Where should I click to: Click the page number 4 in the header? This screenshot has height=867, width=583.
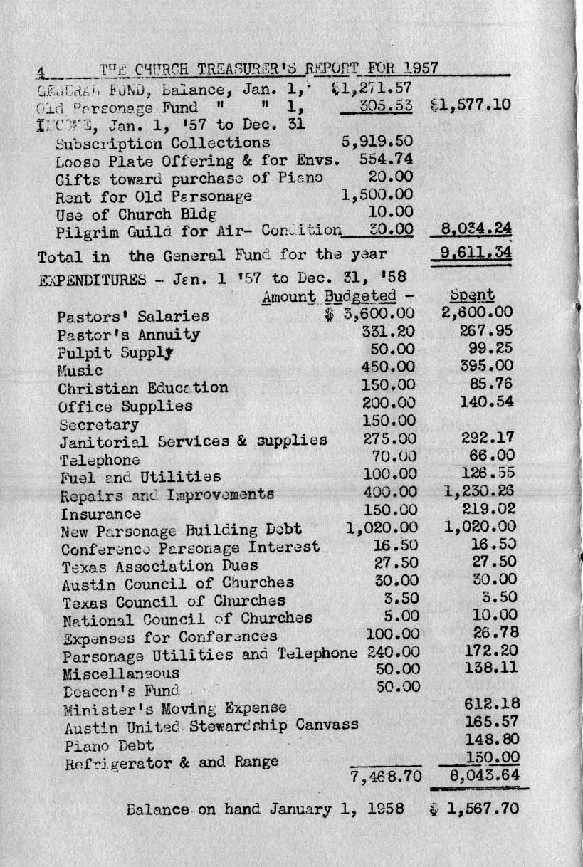click(x=41, y=70)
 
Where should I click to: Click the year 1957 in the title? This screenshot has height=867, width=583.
click(x=420, y=68)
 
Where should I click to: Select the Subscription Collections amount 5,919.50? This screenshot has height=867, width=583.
click(x=377, y=142)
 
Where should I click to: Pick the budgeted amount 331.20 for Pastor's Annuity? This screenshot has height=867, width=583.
click(x=389, y=332)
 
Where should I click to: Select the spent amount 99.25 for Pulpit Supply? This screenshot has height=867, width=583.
click(x=490, y=349)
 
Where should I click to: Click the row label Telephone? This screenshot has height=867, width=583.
click(x=100, y=460)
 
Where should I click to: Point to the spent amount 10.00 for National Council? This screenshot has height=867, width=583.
click(x=493, y=615)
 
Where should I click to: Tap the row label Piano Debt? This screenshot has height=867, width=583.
click(x=109, y=745)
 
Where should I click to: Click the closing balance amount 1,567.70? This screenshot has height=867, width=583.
click(x=483, y=809)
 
